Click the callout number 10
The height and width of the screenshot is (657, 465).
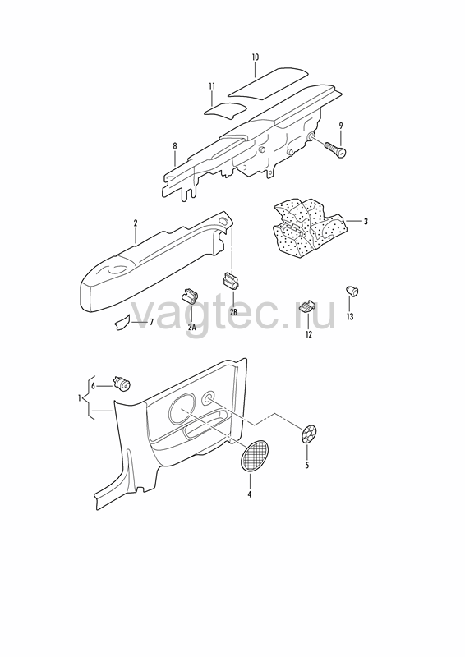[256, 57]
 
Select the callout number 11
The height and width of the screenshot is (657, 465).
[212, 86]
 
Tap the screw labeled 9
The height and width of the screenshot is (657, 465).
[336, 149]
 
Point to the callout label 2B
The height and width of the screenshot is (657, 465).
[233, 312]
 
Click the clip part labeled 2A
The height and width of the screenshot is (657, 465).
[191, 296]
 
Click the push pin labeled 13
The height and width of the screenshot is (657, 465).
[352, 291]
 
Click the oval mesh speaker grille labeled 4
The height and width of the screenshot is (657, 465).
[255, 457]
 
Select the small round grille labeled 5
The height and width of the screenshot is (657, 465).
[309, 434]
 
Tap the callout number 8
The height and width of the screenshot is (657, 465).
[175, 146]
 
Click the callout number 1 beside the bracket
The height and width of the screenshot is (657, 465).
[79, 397]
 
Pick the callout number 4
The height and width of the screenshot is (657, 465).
[250, 494]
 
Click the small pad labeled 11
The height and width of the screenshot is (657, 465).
[225, 109]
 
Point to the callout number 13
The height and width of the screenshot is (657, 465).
[350, 317]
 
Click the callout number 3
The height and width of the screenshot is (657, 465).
[366, 221]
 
